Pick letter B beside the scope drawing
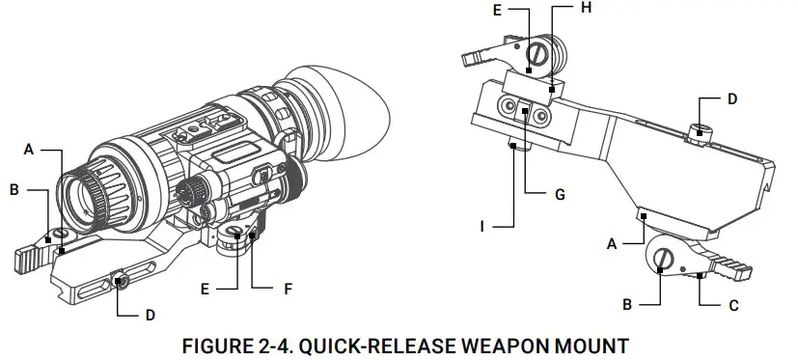(14, 190)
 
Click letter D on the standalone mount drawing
(731, 98)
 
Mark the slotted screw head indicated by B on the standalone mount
(665, 258)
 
